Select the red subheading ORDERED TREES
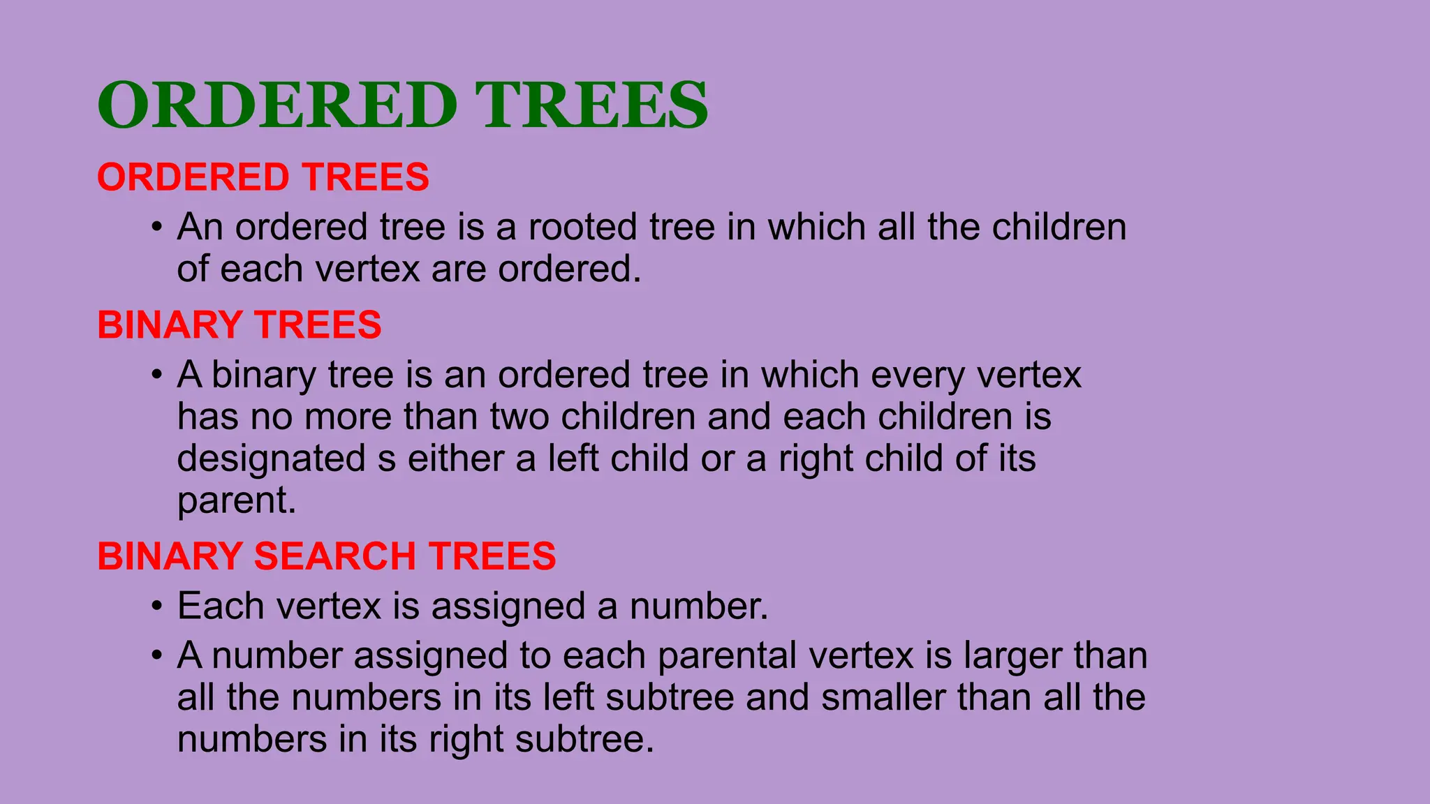263,177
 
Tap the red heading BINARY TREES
239,325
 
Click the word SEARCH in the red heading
334,556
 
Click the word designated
271,459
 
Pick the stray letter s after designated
387,461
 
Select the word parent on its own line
232,501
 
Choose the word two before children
519,417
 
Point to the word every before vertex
917,376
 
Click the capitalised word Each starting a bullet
221,606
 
